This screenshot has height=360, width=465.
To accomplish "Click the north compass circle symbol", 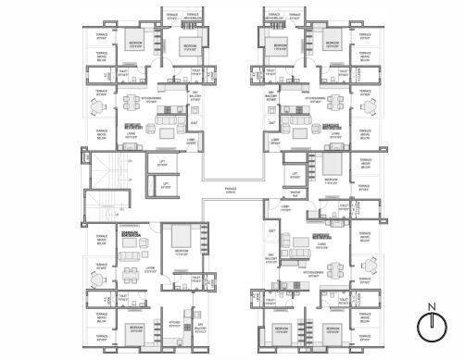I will coord(427,325).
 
